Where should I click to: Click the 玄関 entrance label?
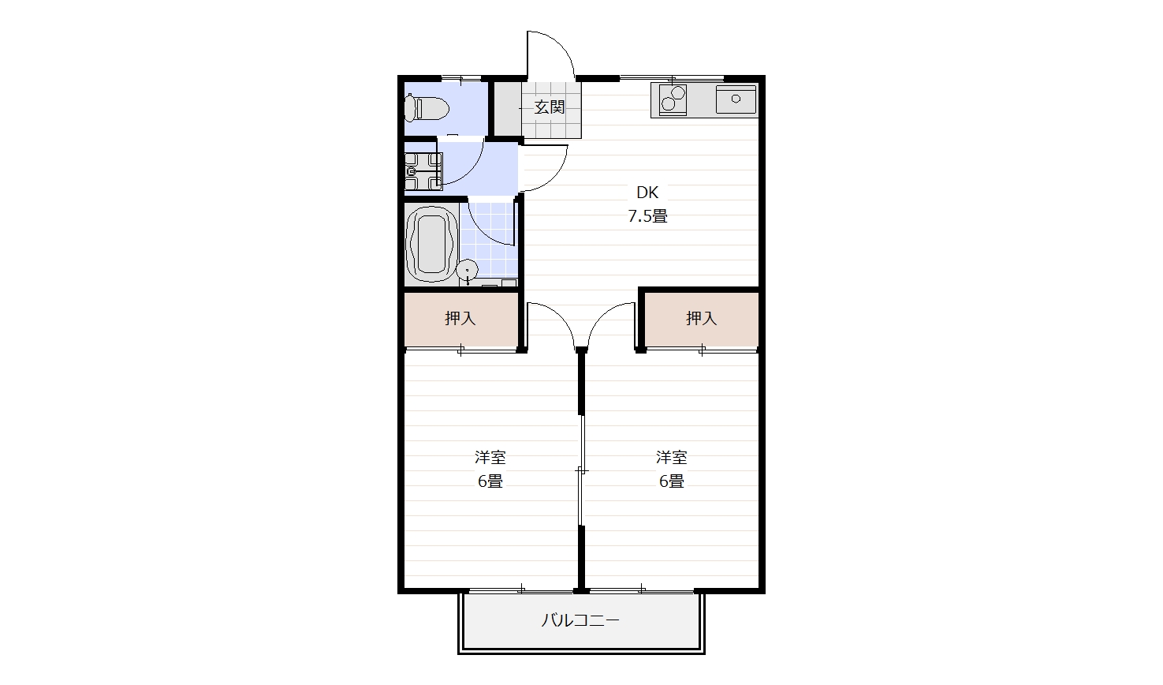[x=550, y=107]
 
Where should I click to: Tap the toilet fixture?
[x=427, y=107]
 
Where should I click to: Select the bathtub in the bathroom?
[x=431, y=245]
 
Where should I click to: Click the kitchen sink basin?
[x=736, y=99]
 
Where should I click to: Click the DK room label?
[x=647, y=193]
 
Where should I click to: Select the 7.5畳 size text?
[x=647, y=216]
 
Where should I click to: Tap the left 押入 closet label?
[x=460, y=318]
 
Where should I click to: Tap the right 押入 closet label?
[x=701, y=318]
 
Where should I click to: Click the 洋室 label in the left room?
[x=490, y=458]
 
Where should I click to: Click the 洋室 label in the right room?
[x=671, y=458]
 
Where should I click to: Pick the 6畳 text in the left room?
[x=490, y=481]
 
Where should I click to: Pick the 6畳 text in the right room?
[x=671, y=481]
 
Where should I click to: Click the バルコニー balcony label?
[x=580, y=620]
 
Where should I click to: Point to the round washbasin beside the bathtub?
[x=468, y=271]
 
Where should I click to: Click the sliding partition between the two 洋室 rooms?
[x=581, y=470]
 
